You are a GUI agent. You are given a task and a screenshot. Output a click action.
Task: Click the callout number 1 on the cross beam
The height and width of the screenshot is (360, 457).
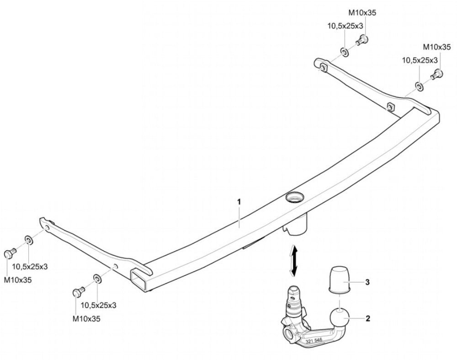[239, 202]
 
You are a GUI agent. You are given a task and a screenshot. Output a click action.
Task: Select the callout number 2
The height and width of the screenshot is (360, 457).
[368, 318]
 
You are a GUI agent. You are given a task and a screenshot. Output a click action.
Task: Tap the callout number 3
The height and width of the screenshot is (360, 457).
[368, 282]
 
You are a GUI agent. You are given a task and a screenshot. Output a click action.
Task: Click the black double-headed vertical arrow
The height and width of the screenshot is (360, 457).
[294, 261]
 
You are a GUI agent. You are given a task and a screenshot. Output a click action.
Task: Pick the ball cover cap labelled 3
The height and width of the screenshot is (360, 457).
[340, 279]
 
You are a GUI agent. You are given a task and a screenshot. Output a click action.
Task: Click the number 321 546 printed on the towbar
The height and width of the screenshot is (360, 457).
[314, 340]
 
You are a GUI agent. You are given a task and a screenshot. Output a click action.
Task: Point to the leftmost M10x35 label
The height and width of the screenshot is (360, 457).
[18, 280]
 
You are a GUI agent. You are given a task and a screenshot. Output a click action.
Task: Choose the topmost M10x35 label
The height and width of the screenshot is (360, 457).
[362, 12]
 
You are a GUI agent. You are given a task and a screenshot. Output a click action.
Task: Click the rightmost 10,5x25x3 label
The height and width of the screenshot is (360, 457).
[420, 60]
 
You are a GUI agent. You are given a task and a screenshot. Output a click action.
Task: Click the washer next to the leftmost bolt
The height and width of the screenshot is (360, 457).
[29, 240]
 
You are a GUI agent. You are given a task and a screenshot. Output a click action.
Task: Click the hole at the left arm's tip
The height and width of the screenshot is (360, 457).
[47, 227]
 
